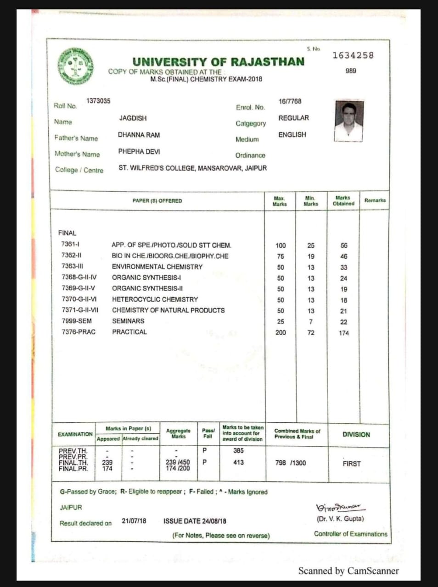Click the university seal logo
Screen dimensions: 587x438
tap(76, 66)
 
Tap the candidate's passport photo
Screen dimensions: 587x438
tap(348, 121)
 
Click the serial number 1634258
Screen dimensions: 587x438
tap(353, 55)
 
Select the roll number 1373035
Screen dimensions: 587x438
tap(98, 101)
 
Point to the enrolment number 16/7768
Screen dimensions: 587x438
tap(290, 101)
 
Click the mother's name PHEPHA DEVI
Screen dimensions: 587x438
tap(139, 151)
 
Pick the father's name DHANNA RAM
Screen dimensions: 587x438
tap(139, 135)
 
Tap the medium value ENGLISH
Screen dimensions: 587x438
tap(292, 134)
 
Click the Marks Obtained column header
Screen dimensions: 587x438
tap(343, 200)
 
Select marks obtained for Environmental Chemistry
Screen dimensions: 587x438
tap(344, 267)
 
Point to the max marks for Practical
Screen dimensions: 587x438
tap(281, 332)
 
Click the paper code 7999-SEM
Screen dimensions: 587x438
tap(77, 321)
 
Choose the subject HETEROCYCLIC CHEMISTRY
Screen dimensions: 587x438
tap(155, 299)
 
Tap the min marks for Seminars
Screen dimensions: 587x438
tap(311, 322)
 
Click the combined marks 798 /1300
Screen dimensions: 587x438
tap(290, 463)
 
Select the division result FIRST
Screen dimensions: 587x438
tap(351, 464)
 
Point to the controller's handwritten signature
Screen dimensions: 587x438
tap(339, 508)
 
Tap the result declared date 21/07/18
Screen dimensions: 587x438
tap(134, 521)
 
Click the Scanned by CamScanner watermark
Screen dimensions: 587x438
tap(348, 571)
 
